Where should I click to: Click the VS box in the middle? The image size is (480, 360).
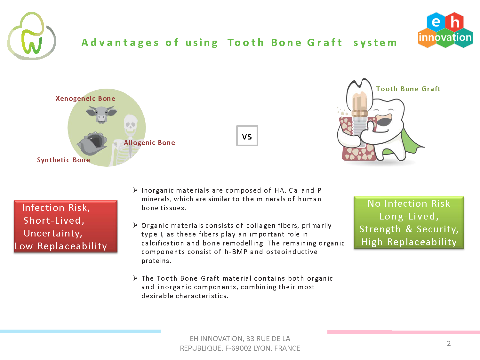point(247,136)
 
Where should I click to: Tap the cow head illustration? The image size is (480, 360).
point(101,115)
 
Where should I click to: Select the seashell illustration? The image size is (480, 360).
point(92,143)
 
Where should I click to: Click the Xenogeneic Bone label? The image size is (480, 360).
point(85,99)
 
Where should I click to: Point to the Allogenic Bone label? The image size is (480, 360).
point(149,143)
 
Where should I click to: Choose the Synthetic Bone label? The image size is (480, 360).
point(63,160)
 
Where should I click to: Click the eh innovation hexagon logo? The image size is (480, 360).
point(445,30)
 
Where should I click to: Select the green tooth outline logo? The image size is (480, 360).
point(32,36)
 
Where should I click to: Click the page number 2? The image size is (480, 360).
point(449,343)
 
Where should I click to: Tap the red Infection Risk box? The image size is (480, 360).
point(66,226)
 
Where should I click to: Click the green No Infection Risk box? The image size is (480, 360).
point(409,222)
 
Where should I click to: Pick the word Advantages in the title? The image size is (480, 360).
point(120,43)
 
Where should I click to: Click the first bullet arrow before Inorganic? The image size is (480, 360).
point(135,190)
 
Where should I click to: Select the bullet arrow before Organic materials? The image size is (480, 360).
point(135,225)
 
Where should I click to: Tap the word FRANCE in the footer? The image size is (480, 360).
point(287,348)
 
